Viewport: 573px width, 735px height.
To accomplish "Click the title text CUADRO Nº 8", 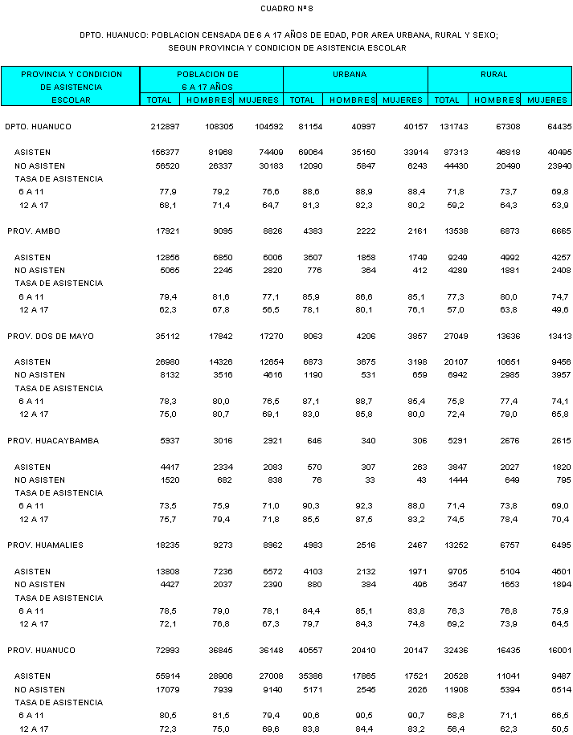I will pyautogui.click(x=286, y=8).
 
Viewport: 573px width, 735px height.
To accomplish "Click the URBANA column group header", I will pyautogui.click(x=350, y=75).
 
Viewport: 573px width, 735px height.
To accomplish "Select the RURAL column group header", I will pyautogui.click(x=494, y=75).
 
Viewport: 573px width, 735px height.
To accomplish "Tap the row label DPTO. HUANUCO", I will pyautogui.click(x=38, y=127).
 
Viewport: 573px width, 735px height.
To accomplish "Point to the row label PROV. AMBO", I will pyautogui.click(x=34, y=231).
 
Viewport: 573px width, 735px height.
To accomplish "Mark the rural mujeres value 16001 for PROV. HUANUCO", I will pyautogui.click(x=557, y=650).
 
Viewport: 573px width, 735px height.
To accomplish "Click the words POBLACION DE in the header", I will pyautogui.click(x=208, y=75).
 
